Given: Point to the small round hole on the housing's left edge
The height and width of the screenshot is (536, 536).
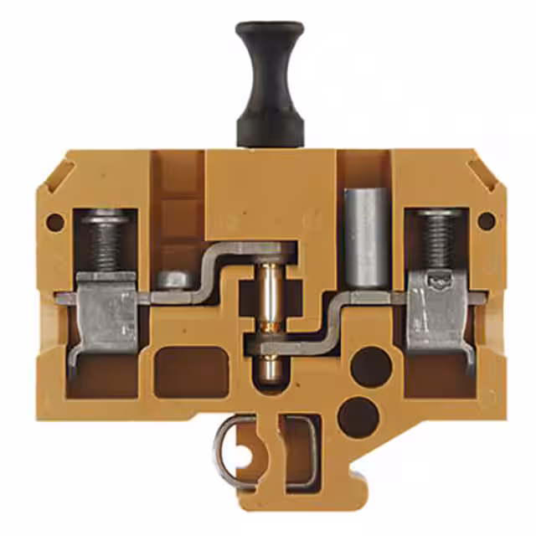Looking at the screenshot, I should (55, 222).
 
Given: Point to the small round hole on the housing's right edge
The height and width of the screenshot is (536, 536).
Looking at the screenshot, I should (486, 221).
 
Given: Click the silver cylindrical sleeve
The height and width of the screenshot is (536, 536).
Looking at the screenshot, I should (362, 239).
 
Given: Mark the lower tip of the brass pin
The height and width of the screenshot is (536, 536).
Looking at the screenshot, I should (268, 368).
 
